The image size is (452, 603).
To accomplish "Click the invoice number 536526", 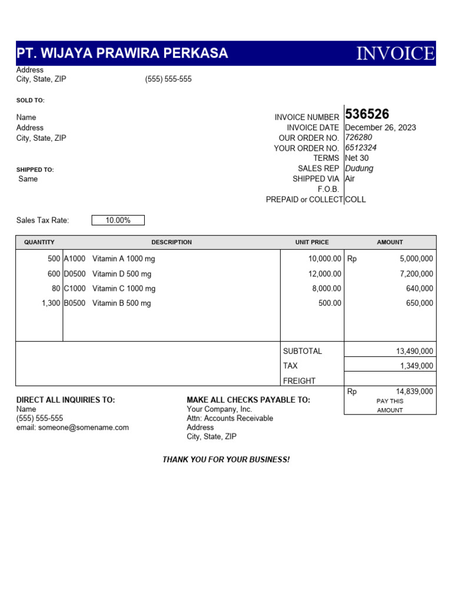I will coord(367,114).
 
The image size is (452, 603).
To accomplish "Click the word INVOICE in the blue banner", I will coord(395,54).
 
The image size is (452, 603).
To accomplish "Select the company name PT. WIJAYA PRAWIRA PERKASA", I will coord(122,54).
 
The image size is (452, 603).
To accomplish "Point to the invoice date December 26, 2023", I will coord(380,128).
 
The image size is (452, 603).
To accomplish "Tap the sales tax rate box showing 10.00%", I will coord(118,220).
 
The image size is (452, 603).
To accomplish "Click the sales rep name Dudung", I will coord(359,168).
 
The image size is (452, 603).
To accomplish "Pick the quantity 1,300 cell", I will coord(51,303).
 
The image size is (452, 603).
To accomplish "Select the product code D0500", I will coord(75,274).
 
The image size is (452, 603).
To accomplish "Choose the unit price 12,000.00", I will coord(324,274).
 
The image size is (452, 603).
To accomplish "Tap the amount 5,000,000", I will coord(416,259).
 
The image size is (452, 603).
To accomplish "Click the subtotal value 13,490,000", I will coord(414,351).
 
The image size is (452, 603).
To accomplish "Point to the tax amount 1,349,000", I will coord(416,366).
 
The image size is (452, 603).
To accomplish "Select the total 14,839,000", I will coord(414,391).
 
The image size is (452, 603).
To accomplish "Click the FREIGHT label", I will coord(299,381).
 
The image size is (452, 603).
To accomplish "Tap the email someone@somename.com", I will coord(72,428).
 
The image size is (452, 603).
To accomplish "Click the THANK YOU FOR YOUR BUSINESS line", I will coord(226,459).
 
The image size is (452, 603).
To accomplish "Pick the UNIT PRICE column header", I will coord(312,242).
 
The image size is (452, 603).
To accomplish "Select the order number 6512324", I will coord(361,148).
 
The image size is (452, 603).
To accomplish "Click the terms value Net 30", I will coord(357,158).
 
